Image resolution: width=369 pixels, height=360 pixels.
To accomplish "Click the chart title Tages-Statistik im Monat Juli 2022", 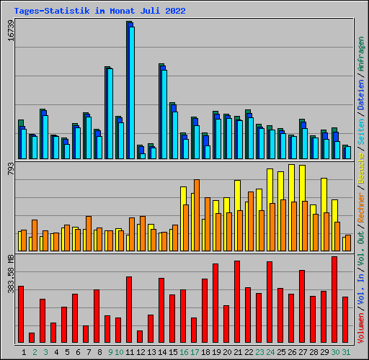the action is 99,11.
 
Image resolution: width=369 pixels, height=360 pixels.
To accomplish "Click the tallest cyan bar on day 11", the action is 132,93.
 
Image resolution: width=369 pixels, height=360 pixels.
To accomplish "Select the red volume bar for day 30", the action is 334,300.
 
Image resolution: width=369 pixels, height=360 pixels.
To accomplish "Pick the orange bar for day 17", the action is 197,215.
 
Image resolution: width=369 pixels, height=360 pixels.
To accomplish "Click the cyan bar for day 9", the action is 110,114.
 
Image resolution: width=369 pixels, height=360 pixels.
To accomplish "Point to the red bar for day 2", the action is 32,338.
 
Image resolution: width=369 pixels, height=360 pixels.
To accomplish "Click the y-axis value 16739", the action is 11,30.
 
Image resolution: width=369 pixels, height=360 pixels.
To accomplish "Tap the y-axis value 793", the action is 11,168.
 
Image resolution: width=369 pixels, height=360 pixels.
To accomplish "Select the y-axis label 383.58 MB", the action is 11,274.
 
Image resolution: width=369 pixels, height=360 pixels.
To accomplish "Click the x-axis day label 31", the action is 346,352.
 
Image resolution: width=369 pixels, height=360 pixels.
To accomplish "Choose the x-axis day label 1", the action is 24,352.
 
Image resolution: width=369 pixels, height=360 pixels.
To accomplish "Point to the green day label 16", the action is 184,352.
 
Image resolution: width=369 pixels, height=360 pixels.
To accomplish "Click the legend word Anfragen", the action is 361,54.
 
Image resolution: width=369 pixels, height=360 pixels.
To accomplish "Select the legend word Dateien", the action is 361,95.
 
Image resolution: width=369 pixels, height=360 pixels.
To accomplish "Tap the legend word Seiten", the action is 361,132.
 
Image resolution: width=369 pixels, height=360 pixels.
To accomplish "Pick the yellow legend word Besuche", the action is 361,168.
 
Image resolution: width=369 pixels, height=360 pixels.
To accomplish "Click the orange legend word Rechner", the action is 361,207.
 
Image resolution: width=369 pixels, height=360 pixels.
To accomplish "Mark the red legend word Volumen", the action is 361,328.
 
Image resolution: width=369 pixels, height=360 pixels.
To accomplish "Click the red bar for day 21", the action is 237,302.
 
